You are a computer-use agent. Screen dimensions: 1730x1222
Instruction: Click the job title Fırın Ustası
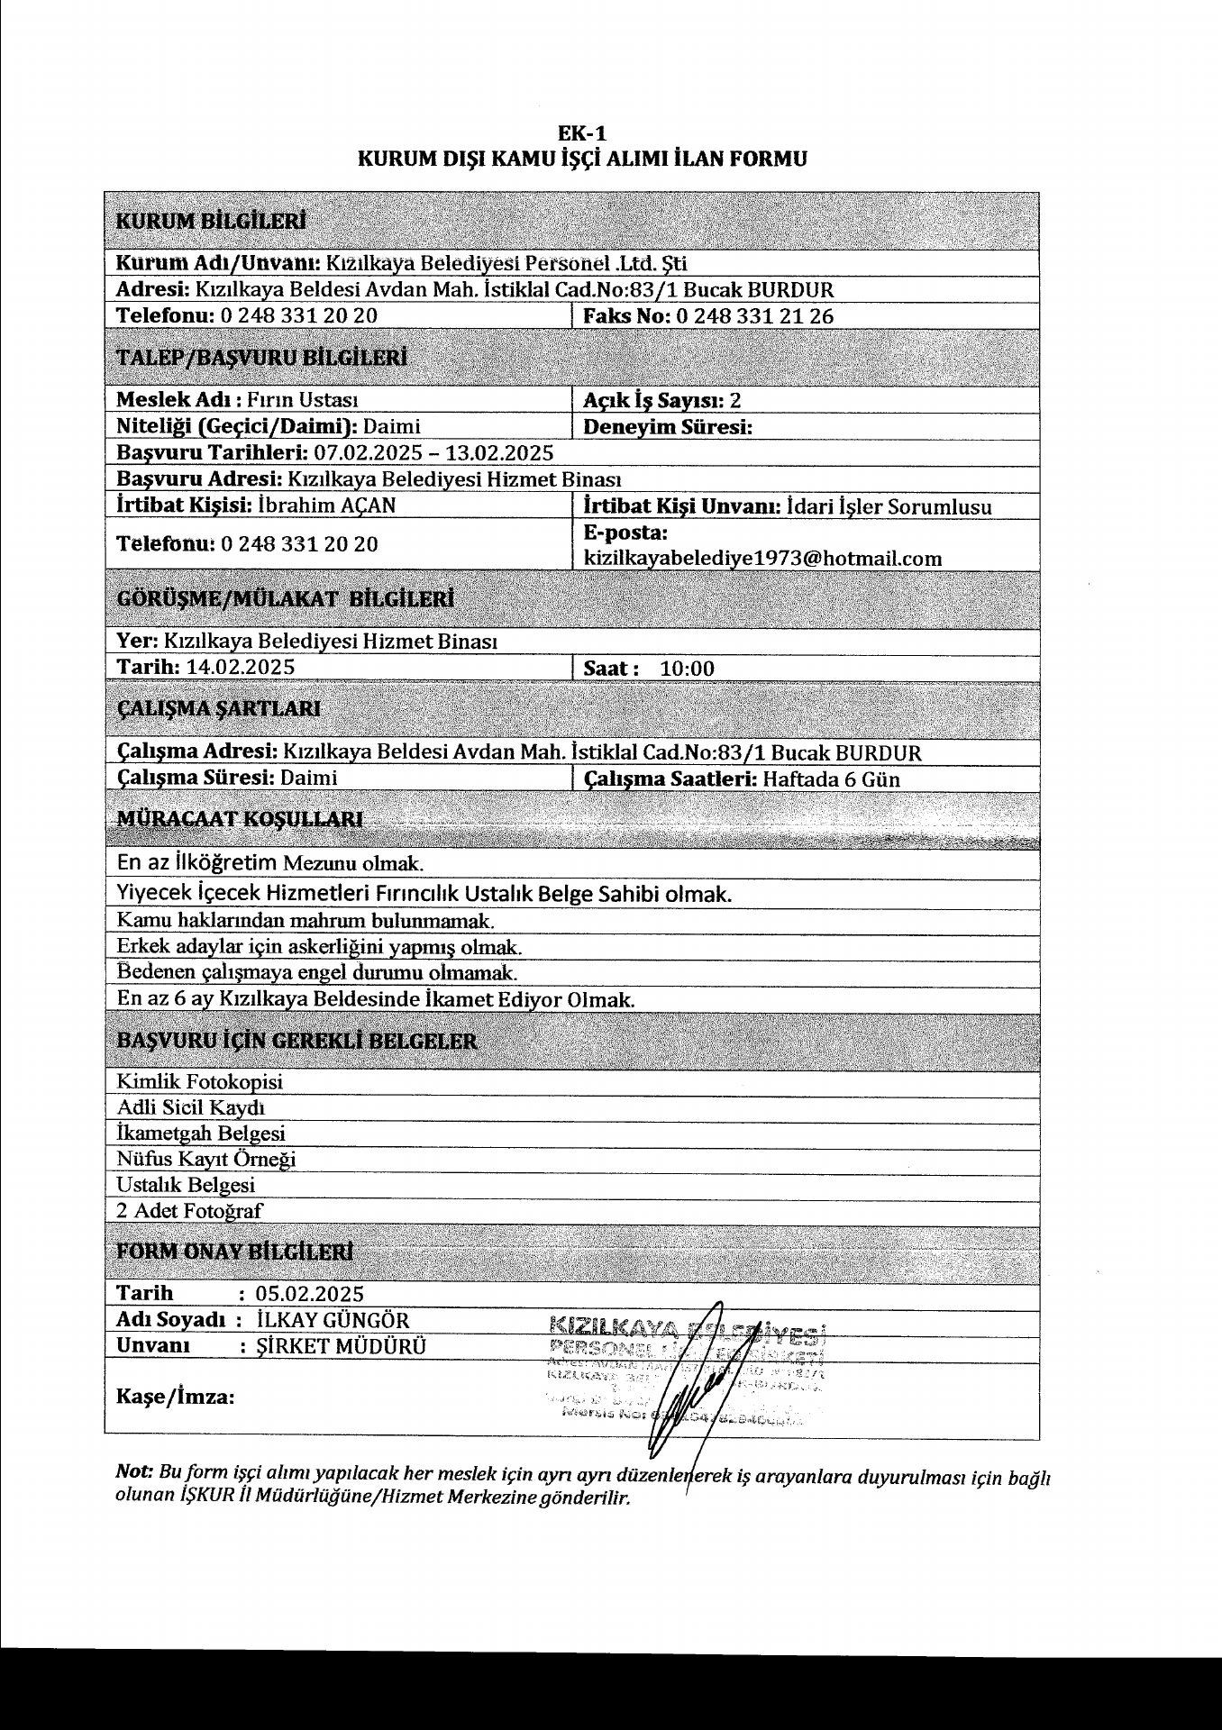click(302, 401)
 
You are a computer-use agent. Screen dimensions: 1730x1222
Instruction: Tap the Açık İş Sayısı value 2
click(735, 401)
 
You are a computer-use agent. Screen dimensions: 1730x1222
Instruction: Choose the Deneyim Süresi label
click(668, 427)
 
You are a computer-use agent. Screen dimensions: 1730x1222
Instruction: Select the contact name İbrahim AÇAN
click(326, 505)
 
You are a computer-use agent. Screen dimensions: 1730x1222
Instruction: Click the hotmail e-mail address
click(762, 559)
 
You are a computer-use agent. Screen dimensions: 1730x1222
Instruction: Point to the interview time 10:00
click(687, 669)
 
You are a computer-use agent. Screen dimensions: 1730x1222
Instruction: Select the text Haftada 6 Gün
click(831, 779)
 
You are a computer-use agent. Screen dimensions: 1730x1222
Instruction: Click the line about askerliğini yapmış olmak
click(319, 948)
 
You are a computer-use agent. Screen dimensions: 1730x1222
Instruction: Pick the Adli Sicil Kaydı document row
click(190, 1107)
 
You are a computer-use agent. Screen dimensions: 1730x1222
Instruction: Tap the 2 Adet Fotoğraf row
click(189, 1211)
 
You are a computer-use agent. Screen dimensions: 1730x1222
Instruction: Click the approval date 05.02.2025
click(310, 1294)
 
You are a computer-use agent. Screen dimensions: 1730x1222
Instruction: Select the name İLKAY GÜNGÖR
click(333, 1320)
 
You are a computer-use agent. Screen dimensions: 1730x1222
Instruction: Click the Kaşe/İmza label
click(176, 1398)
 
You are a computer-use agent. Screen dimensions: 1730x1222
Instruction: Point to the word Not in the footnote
click(134, 1470)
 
